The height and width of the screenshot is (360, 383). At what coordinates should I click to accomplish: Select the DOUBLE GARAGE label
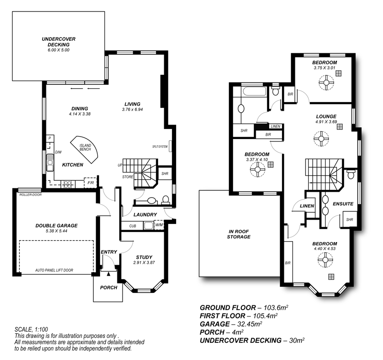56,225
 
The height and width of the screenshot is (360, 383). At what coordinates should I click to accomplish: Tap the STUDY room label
144,257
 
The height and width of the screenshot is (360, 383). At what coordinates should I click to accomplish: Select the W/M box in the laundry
159,225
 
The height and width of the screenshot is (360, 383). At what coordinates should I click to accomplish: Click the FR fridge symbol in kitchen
90,183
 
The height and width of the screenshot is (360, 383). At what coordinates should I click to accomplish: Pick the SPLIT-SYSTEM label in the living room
160,146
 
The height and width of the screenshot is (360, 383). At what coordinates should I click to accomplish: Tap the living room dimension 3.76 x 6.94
133,110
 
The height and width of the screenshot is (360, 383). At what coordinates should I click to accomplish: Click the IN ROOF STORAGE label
239,233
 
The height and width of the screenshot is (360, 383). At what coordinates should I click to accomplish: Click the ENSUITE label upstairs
343,204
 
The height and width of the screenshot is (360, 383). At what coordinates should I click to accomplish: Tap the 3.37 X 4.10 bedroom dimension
257,160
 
